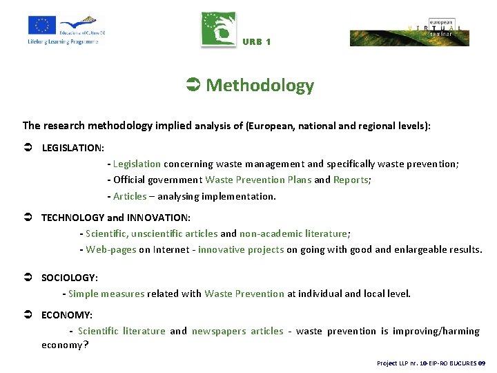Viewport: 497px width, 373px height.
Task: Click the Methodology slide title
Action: coord(259,86)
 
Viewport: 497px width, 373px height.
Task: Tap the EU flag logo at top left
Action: coord(42,26)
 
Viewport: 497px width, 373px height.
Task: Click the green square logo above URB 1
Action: coord(218,30)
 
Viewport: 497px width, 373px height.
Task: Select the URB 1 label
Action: coord(257,42)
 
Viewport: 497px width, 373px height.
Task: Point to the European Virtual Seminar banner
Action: coord(409,32)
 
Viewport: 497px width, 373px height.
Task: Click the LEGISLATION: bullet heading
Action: coord(73,148)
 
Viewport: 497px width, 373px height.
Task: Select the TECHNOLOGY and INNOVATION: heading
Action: coord(116,218)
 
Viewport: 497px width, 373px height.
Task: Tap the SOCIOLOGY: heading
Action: coord(70,278)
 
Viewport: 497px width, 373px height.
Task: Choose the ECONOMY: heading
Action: coord(67,315)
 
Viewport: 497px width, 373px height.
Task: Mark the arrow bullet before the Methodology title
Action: coord(193,86)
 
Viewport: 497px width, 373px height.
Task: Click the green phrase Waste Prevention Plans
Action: coord(258,180)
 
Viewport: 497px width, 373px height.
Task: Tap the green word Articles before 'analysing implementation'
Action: coord(130,196)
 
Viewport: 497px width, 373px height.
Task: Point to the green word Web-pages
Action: coord(111,250)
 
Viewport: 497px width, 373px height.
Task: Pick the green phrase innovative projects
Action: coord(241,250)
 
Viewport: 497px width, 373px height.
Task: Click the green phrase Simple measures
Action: coord(106,294)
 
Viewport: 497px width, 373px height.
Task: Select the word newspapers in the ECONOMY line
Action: coord(219,331)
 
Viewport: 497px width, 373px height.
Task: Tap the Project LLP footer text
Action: coord(431,363)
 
